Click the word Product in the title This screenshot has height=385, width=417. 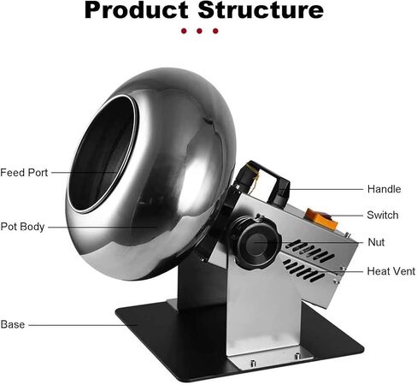pyautogui.click(x=136, y=10)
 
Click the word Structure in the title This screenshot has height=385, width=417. pyautogui.click(x=261, y=10)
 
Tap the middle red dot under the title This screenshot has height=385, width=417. pyautogui.click(x=199, y=31)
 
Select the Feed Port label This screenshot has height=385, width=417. pyautogui.click(x=24, y=173)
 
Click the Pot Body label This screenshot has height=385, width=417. pyautogui.click(x=22, y=227)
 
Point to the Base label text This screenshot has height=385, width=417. pyautogui.click(x=13, y=324)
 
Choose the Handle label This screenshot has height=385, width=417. pyautogui.click(x=384, y=189)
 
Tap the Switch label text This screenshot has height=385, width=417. pyautogui.click(x=383, y=215)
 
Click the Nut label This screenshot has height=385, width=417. pyautogui.click(x=376, y=242)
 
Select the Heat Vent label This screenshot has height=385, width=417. pyautogui.click(x=391, y=271)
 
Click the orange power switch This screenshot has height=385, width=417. pyautogui.click(x=321, y=219)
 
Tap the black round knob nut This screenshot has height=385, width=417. pyautogui.click(x=255, y=242)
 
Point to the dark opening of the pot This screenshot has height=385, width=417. pyautogui.click(x=103, y=153)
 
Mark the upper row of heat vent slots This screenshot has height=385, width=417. pyautogui.click(x=309, y=251)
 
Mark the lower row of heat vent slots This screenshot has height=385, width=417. pyautogui.click(x=302, y=270)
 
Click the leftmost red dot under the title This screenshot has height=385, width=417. pyautogui.click(x=184, y=31)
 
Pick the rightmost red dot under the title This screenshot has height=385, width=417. pyautogui.click(x=215, y=31)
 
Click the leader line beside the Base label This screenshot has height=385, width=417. pyautogui.click(x=83, y=325)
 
